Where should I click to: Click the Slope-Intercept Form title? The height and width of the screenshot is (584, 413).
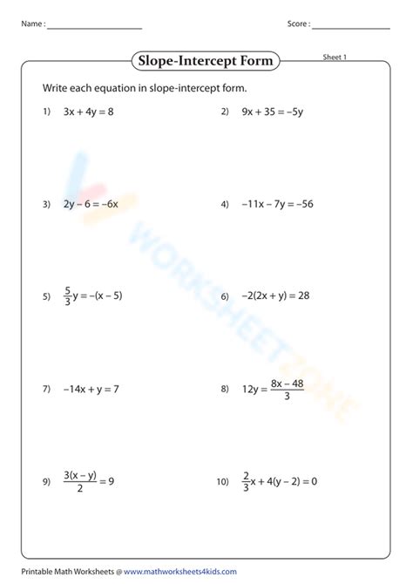206,60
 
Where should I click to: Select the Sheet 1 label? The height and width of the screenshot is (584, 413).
335,58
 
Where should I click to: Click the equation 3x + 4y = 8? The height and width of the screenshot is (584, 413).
88,112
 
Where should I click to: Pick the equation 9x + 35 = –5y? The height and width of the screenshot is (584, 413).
272,112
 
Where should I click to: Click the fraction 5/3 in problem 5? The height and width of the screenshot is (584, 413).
68,296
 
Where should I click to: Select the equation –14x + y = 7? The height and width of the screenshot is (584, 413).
91,389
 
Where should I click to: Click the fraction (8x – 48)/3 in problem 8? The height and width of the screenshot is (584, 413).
288,389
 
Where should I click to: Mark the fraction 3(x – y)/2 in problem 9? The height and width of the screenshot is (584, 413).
80,481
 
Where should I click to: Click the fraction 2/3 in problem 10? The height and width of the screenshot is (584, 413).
247,481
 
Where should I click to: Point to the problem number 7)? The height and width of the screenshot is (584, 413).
46,389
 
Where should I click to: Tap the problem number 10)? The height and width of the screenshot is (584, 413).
222,481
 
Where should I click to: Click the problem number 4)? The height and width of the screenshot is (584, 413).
224,204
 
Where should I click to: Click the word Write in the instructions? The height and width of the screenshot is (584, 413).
55,88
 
